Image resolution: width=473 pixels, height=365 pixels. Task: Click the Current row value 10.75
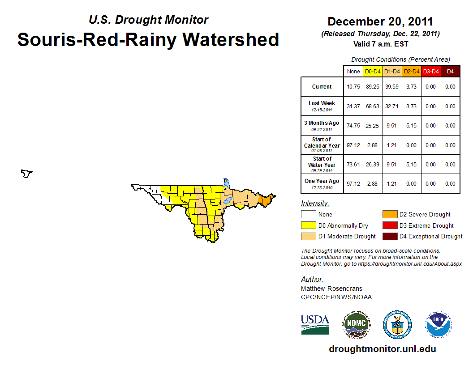[353, 87]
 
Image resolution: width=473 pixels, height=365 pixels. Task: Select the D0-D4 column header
[373, 71]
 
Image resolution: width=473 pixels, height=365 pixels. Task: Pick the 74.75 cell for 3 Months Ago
[353, 126]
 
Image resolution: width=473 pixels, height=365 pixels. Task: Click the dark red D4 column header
[450, 71]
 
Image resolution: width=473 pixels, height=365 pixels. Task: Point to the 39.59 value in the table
[392, 87]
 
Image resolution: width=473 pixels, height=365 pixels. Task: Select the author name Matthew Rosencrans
[331, 289]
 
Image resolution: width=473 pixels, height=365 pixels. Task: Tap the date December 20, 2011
[380, 21]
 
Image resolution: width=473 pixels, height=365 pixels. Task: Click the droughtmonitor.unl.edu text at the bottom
[382, 349]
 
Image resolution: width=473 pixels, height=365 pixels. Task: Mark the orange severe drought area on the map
[267, 200]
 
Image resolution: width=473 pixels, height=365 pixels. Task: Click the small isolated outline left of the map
[27, 173]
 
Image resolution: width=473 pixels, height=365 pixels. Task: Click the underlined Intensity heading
[315, 204]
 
